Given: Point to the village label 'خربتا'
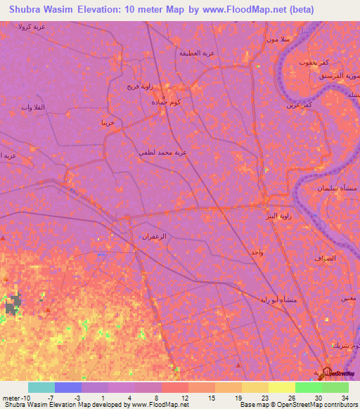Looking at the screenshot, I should (108, 122).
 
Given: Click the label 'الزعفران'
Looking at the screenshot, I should (154, 236).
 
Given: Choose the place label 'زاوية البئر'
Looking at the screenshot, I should (271, 215).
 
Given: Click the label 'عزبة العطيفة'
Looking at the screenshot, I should (195, 53).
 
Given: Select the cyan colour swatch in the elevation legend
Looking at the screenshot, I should (41, 387).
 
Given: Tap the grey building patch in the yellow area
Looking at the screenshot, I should (12, 305).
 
